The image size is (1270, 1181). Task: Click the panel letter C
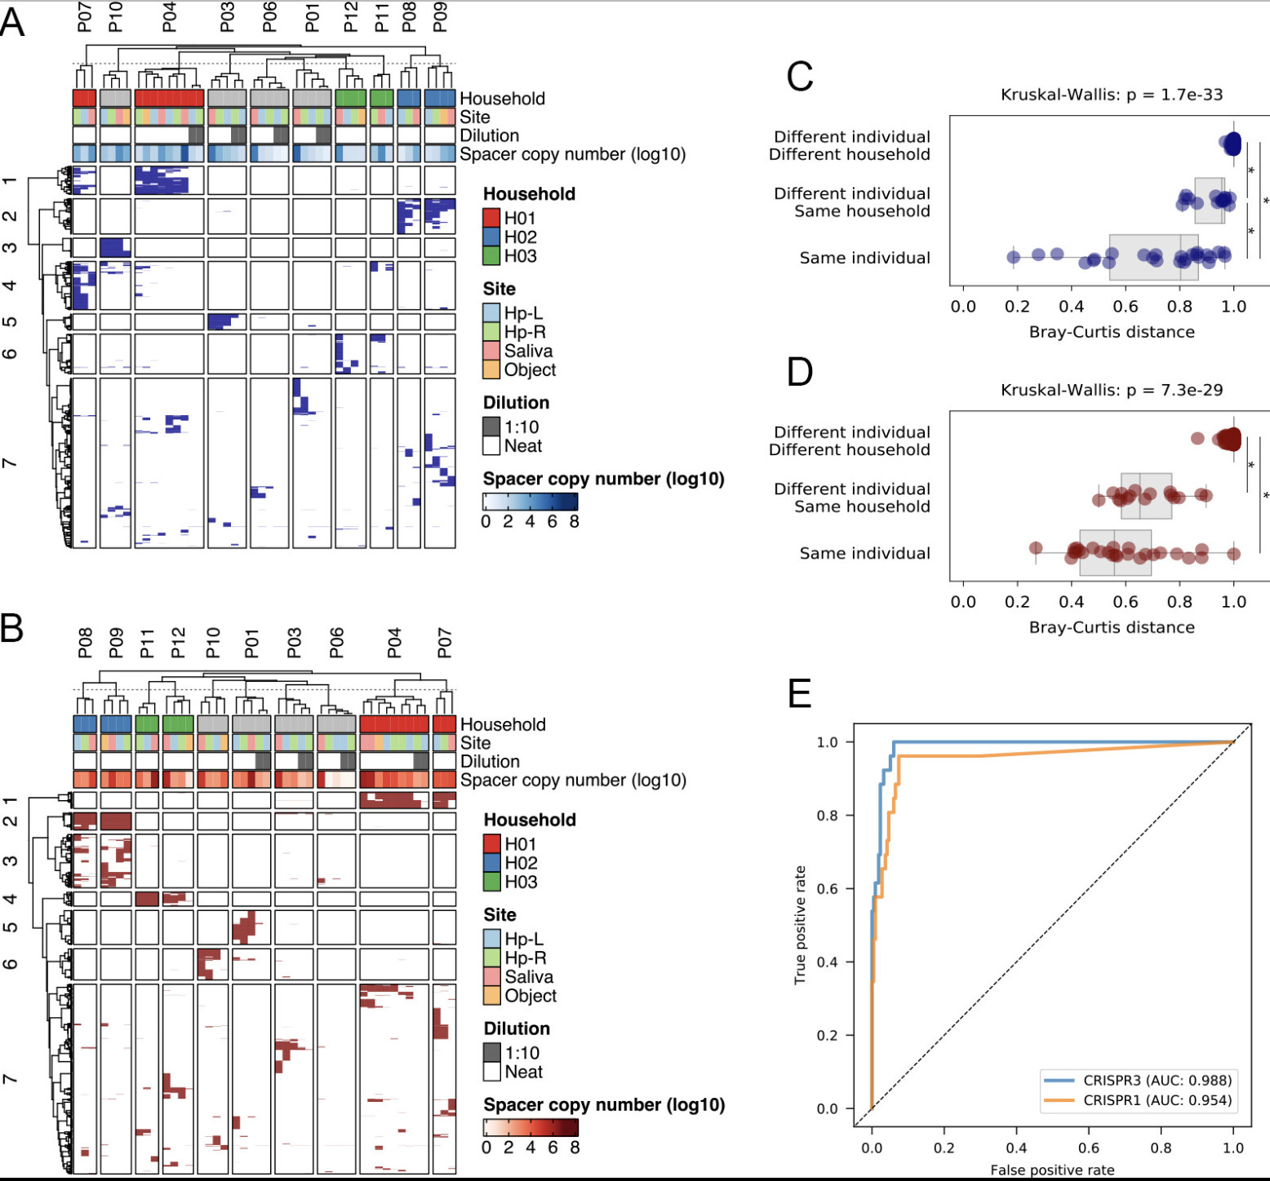[799, 77]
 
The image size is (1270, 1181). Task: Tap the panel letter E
[799, 693]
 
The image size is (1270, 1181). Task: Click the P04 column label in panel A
[169, 17]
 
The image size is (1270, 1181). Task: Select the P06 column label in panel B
[336, 643]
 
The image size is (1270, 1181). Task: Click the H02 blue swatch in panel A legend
[491, 237]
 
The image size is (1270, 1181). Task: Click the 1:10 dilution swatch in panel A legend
[491, 427]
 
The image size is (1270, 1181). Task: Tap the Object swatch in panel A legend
[491, 369]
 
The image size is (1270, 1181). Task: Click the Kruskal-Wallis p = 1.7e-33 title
[1112, 95]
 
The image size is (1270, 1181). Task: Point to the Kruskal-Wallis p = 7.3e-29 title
[1112, 390]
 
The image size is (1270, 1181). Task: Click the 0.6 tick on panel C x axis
[1126, 307]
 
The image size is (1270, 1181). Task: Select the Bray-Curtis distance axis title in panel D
[1112, 627]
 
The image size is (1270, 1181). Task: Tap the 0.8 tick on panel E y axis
[828, 816]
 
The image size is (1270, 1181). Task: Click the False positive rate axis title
[1052, 1170]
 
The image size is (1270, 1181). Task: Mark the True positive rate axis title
[801, 925]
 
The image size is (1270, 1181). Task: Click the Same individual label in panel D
[864, 553]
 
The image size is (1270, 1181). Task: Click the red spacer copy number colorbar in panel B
[531, 1127]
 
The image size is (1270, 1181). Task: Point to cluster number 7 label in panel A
[10, 463]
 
